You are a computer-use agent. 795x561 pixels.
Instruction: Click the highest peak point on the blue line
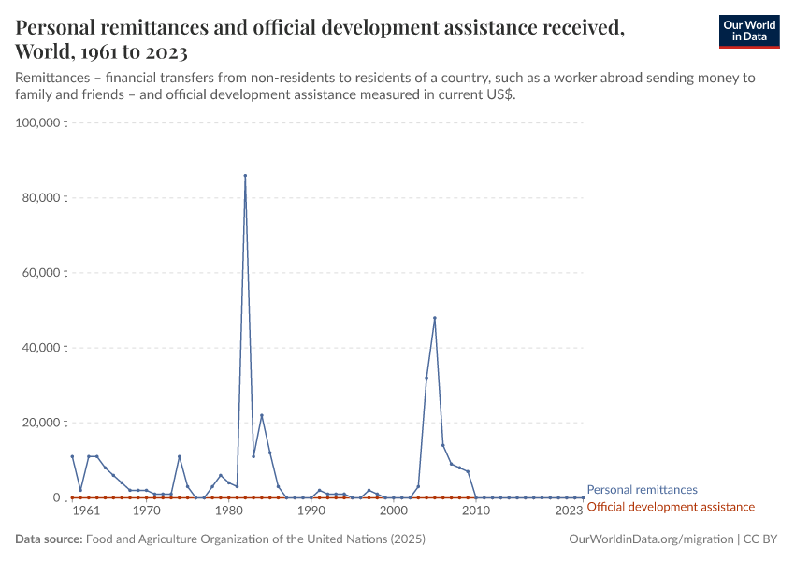pos(245,175)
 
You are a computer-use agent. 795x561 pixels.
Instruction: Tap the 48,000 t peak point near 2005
pos(435,318)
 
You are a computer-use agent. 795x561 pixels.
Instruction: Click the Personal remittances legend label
pos(642,490)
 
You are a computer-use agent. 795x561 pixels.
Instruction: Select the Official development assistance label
pos(670,507)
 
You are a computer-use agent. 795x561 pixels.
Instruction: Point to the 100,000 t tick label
pos(38,122)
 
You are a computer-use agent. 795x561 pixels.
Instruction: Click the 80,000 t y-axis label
pos(41,198)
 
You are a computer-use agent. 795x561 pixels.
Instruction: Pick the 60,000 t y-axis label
pos(41,273)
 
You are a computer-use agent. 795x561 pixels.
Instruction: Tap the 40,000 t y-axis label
pos(41,348)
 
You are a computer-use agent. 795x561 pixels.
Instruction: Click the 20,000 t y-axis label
pos(41,423)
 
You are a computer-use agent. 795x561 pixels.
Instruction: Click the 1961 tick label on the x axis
pos(86,512)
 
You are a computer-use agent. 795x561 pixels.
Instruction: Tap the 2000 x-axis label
pos(394,512)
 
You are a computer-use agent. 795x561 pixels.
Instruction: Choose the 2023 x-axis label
pos(569,512)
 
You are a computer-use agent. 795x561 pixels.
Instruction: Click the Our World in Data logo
pos(748,31)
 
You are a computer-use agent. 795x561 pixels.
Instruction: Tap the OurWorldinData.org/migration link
pos(650,539)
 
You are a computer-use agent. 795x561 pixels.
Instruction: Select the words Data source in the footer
pos(49,539)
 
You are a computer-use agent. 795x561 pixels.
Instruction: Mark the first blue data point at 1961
pos(72,456)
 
